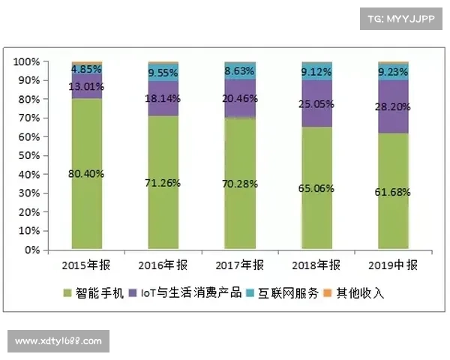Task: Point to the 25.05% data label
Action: (317, 103)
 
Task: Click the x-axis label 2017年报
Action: (240, 265)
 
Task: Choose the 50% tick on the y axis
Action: (28, 155)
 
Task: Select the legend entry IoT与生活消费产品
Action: (188, 293)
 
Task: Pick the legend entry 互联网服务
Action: (286, 293)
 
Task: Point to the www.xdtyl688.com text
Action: (59, 341)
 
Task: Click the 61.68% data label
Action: (394, 192)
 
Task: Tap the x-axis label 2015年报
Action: (87, 265)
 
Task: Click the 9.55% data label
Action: (163, 73)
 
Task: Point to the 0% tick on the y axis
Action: (31, 250)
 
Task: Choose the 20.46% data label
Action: (241, 98)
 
